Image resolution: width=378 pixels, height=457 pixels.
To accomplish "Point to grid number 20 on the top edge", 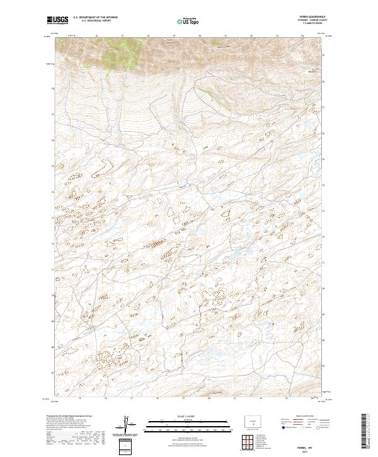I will pyautogui.click(x=200, y=36).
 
